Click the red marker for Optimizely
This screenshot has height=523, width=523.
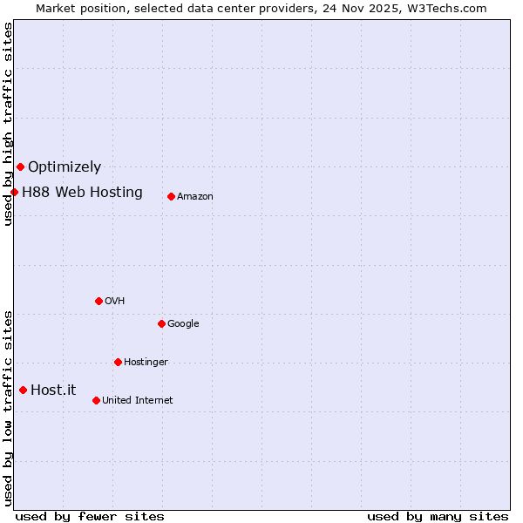[x=20, y=166]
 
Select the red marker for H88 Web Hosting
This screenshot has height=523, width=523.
[x=14, y=192]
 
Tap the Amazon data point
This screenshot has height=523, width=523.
[x=171, y=196]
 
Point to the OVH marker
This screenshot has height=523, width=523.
[x=98, y=301]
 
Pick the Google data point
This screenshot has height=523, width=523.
[x=161, y=323]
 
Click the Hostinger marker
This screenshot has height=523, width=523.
[x=118, y=362]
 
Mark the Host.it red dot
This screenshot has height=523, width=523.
[x=23, y=390]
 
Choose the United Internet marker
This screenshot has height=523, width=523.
[x=96, y=400]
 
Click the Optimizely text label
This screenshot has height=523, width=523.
[x=65, y=167]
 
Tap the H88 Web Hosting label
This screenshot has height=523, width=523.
[x=82, y=193]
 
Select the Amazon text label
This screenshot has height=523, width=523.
[x=195, y=197]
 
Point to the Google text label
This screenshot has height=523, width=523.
[x=183, y=324]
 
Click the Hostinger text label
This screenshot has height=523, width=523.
[x=146, y=363]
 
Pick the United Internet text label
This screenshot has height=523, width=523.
[x=137, y=401]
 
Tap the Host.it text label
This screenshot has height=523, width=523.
[x=53, y=391]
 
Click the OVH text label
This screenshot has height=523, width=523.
[x=114, y=302]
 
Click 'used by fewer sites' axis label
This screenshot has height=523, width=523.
[x=90, y=517]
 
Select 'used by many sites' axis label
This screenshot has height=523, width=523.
[x=438, y=517]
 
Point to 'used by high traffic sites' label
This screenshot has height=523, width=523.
[x=8, y=124]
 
